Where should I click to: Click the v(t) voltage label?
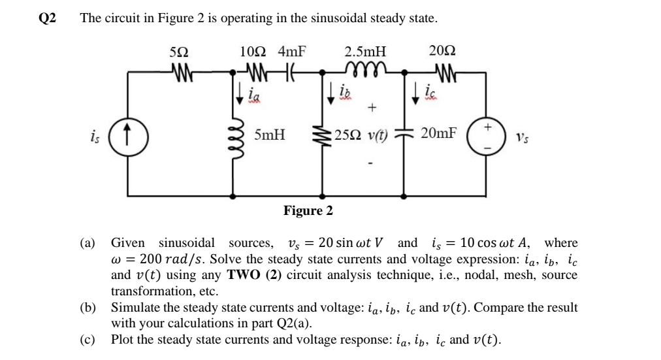(x=378, y=136)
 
